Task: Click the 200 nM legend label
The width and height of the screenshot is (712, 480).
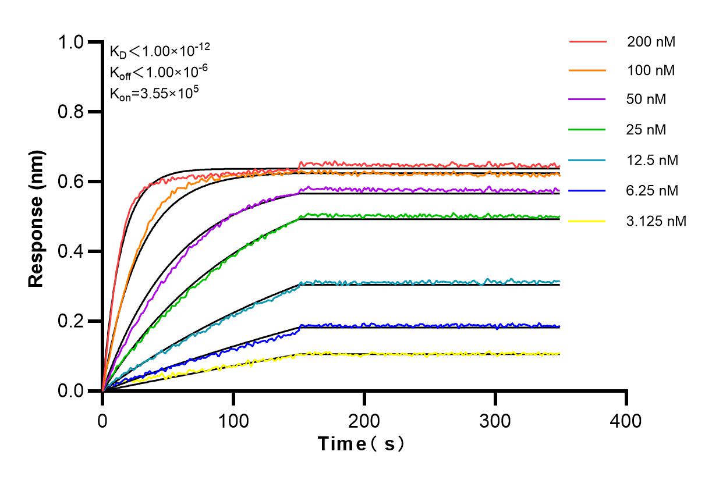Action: point(651,42)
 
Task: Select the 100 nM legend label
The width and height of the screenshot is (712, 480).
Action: point(651,71)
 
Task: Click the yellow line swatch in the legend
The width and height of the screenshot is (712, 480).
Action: point(587,221)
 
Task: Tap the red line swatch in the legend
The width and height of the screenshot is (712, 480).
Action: point(587,42)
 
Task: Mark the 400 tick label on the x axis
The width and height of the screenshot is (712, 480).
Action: point(626,420)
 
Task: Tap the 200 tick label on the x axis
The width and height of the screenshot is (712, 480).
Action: point(364,420)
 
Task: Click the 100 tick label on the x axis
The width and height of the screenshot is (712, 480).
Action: point(233,420)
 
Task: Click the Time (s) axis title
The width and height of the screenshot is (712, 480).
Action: point(362,444)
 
